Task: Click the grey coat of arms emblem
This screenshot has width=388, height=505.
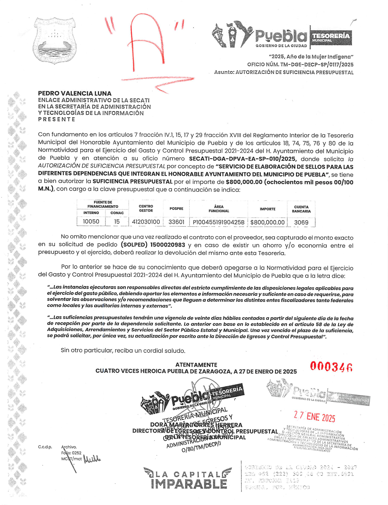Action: (x=55, y=40)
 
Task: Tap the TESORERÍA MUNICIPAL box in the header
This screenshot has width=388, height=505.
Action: (x=331, y=37)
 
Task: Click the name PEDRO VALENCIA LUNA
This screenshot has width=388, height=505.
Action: (x=75, y=93)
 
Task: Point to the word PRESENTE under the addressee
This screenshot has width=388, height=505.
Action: (x=57, y=119)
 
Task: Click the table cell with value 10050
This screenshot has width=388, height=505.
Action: (x=91, y=221)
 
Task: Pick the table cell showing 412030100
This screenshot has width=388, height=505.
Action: (x=146, y=222)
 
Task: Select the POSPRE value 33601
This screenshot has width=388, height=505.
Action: (x=176, y=222)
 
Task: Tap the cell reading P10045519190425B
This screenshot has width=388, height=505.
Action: (x=219, y=222)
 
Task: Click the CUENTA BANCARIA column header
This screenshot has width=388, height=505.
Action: (x=301, y=209)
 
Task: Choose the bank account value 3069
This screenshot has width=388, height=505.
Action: (x=301, y=222)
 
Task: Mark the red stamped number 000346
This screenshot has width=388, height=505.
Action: (x=331, y=366)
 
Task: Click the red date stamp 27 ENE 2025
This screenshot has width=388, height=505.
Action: (x=315, y=417)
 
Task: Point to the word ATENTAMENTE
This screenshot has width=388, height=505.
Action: (x=196, y=365)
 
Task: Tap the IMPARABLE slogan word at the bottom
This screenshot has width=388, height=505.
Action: (x=189, y=484)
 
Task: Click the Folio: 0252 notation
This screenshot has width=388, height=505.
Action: (x=71, y=453)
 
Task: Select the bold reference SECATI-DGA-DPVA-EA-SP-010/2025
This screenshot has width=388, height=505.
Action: (x=243, y=159)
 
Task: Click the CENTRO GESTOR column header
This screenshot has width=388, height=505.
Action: (x=146, y=208)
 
